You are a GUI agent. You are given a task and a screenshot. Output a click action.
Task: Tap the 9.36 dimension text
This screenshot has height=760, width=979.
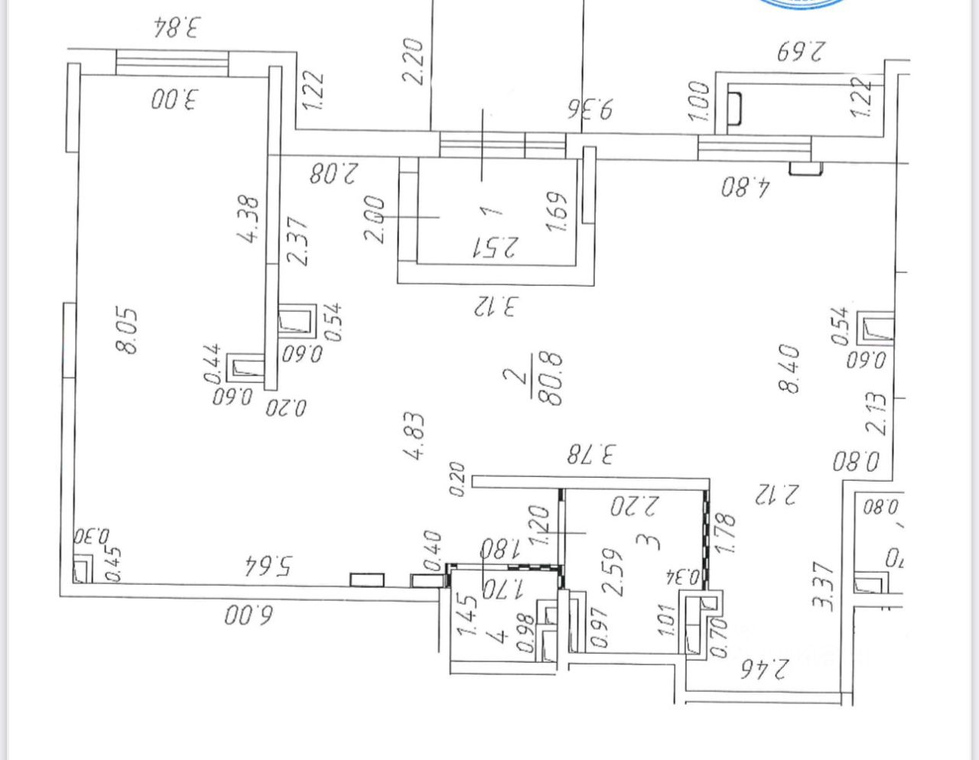click(x=591, y=108)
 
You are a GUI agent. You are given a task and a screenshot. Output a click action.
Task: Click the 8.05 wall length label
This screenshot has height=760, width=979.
click(x=127, y=330)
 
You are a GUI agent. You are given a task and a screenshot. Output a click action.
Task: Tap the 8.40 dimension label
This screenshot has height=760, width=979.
click(x=789, y=369)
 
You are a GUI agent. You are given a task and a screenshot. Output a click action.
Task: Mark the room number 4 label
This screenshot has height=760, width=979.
click(x=499, y=634)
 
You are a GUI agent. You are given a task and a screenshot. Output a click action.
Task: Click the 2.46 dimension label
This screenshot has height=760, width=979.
click(x=763, y=671)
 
